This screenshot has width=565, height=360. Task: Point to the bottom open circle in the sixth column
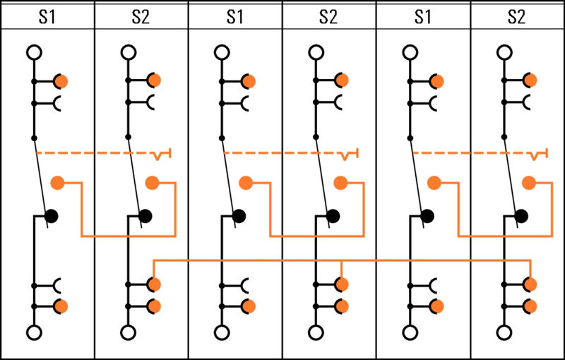click(504, 332)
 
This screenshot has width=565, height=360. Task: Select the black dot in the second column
click(145, 215)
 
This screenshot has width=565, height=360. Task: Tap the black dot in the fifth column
click(427, 215)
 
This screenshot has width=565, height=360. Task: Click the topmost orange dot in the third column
click(248, 81)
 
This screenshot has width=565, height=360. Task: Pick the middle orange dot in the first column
click(58, 183)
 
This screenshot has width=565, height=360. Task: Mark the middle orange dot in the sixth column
click(528, 183)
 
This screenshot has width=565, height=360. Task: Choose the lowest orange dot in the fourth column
click(343, 306)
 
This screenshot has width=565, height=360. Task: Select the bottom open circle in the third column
click(222, 332)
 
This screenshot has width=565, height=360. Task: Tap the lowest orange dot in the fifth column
click(436, 306)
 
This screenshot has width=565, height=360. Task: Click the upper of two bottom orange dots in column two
click(155, 284)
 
